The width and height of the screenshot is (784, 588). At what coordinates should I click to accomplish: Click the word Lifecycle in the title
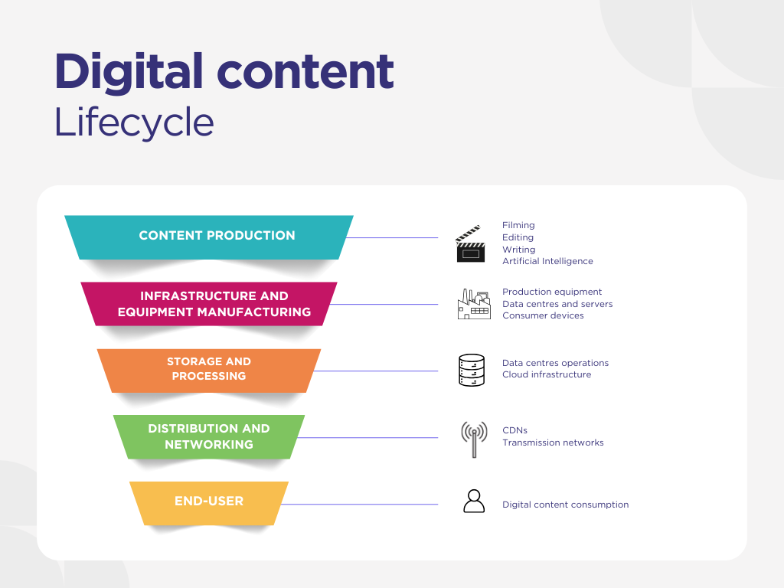point(134,122)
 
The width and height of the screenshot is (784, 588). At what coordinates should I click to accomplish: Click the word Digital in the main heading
point(129,73)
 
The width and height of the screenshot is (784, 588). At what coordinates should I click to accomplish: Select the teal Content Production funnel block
point(209,237)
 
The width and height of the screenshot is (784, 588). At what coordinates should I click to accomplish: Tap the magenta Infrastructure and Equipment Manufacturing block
point(209,304)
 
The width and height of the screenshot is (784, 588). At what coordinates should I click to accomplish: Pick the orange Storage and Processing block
point(209,371)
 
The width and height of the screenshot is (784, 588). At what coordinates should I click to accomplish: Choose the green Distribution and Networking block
point(209,437)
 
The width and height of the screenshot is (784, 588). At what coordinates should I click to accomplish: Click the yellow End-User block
point(209,504)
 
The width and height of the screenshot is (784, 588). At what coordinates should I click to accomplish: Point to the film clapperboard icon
point(471,244)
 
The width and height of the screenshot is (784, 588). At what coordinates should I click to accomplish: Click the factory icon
point(474,304)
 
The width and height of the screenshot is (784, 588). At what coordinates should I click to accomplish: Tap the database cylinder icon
point(472,371)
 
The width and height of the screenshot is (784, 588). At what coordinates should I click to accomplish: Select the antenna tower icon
point(474,439)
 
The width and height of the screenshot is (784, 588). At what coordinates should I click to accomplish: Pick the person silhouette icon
point(474,501)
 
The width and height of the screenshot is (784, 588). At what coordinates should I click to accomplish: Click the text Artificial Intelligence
point(547,261)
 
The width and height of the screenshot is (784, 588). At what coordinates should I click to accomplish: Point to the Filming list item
point(518,226)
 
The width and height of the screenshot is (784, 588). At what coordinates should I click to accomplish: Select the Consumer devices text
point(543,315)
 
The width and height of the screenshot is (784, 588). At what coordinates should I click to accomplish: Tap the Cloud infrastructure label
point(547,374)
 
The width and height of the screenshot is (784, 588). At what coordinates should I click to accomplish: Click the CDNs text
point(515,430)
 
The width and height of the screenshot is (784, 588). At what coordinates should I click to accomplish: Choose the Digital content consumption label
point(566,505)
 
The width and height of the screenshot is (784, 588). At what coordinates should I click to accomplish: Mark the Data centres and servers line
point(557,304)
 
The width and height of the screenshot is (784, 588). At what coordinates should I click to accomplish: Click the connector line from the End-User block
point(360,504)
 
